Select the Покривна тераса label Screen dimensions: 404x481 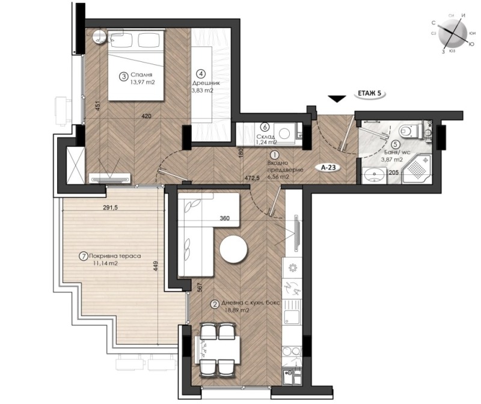[x=116, y=256]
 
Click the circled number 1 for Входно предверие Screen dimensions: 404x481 [x=275, y=153]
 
